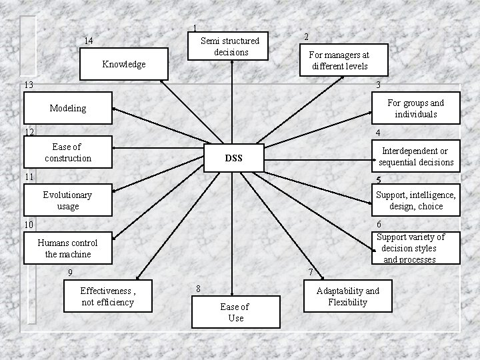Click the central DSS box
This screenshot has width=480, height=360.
click(x=233, y=158)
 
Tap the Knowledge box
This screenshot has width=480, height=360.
click(x=124, y=65)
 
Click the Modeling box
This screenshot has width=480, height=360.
click(x=67, y=108)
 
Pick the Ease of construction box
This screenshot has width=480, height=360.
click(x=67, y=152)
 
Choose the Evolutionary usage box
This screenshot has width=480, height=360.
click(x=67, y=201)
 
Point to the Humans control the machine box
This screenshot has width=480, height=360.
click(x=67, y=248)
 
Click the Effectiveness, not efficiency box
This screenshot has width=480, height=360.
click(x=107, y=296)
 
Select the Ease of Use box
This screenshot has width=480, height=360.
click(x=234, y=312)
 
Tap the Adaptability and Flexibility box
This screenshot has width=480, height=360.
click(x=347, y=296)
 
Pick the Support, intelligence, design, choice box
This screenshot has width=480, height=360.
click(x=415, y=201)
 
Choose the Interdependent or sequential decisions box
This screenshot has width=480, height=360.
click(x=415, y=157)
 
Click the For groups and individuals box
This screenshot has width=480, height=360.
click(x=415, y=109)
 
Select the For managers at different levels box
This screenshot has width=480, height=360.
click(x=339, y=61)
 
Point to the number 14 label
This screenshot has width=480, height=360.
click(x=89, y=41)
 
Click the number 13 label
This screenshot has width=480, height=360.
click(x=27, y=85)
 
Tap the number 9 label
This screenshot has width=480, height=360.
click(x=70, y=272)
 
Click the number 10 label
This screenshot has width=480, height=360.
click(x=27, y=225)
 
